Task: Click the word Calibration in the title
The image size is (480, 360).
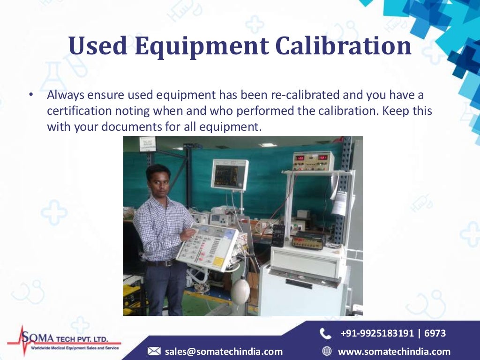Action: coord(343,46)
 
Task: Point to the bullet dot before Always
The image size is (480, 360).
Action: coord(30,95)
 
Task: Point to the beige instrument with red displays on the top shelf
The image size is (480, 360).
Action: coord(313,161)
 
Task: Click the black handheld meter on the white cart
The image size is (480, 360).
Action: coord(278,234)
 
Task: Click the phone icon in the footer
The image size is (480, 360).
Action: coord(325,333)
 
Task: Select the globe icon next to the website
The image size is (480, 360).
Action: coord(327,351)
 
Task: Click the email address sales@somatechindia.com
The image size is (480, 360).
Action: coord(224,351)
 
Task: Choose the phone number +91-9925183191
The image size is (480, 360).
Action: coord(377,333)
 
